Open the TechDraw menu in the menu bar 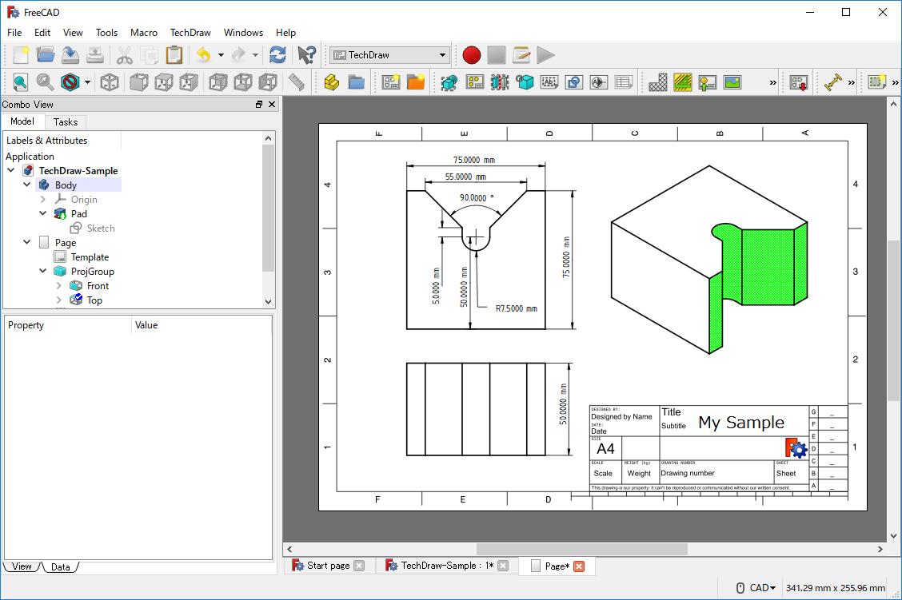pyautogui.click(x=190, y=33)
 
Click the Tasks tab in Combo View pyautogui.click(x=66, y=121)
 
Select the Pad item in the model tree pyautogui.click(x=78, y=214)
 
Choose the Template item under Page pyautogui.click(x=90, y=257)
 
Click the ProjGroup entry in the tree pyautogui.click(x=92, y=272)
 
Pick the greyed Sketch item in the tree pyautogui.click(x=101, y=228)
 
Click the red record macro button pyautogui.click(x=471, y=55)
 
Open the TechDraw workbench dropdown pyautogui.click(x=390, y=55)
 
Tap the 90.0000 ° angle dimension pyautogui.click(x=477, y=197)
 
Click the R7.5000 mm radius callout pyautogui.click(x=516, y=308)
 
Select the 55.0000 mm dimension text pyautogui.click(x=465, y=177)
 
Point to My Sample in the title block pyautogui.click(x=741, y=423)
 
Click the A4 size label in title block pyautogui.click(x=606, y=448)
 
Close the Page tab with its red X pyautogui.click(x=579, y=566)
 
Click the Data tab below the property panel pyautogui.click(x=61, y=567)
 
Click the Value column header pyautogui.click(x=146, y=325)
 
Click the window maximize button pyautogui.click(x=846, y=12)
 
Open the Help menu pyautogui.click(x=285, y=33)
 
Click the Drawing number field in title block pyautogui.click(x=688, y=473)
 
